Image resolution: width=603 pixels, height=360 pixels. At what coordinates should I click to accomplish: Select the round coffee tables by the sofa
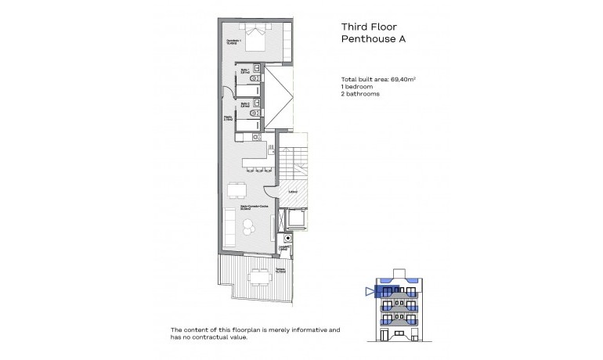248,228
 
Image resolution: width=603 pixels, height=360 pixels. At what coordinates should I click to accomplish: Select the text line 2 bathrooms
360,94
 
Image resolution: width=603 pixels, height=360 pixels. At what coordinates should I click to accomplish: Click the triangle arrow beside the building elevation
370,291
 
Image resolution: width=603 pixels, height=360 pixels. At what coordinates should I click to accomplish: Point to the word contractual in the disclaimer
219,337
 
